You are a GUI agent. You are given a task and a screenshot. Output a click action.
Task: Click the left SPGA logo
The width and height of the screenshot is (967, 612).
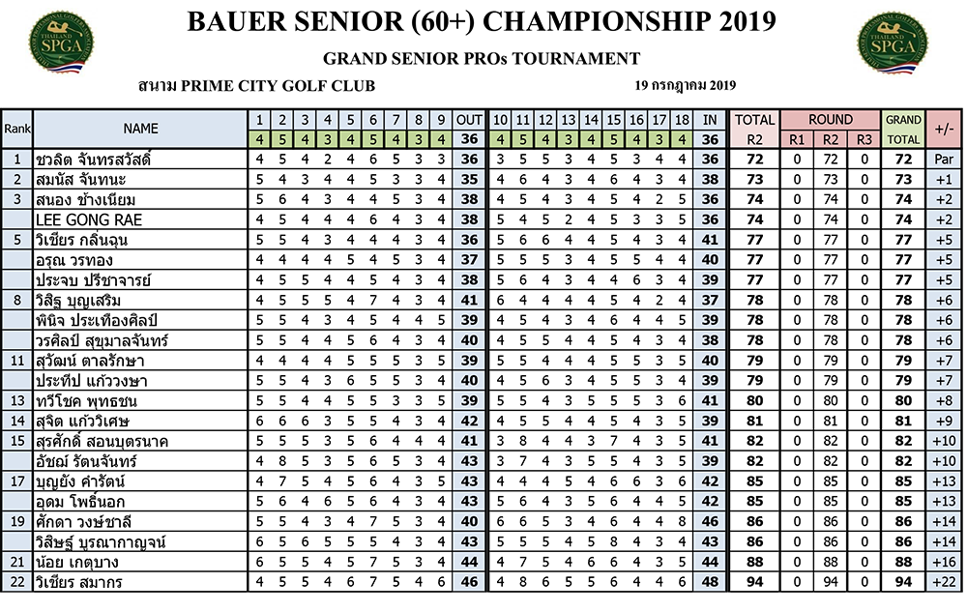pos(61,42)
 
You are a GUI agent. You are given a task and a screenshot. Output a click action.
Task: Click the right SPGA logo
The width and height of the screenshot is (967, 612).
pos(892,42)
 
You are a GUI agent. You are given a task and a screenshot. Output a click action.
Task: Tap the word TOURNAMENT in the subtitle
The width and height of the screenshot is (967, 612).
pos(576,59)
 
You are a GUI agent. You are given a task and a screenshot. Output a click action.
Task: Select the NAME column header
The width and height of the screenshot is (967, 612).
pos(140,129)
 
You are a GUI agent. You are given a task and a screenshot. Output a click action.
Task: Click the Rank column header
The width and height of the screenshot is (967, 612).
pos(16,129)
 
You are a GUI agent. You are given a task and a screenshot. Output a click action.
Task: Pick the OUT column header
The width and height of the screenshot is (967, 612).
pos(469,120)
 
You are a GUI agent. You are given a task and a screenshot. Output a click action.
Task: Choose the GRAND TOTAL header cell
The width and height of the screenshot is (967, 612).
pos(903,129)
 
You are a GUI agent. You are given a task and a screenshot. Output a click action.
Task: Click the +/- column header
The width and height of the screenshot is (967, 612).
pos(944,129)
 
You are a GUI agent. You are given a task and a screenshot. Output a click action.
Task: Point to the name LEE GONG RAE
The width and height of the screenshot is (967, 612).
pos(89,220)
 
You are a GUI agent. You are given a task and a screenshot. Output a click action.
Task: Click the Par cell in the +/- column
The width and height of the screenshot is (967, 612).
pos(944,159)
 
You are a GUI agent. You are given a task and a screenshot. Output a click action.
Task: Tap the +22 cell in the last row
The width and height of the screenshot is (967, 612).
pos(944,582)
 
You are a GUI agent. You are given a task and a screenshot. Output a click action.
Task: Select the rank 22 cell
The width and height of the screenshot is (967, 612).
pos(16,582)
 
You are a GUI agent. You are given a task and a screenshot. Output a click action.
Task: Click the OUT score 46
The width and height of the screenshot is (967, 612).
pos(469,582)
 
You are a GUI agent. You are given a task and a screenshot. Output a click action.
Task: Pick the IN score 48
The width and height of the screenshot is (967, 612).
pos(710,582)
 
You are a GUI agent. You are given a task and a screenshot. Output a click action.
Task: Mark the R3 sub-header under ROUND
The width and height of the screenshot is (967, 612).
pos(864,139)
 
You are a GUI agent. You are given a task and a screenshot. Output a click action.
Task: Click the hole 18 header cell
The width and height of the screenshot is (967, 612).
pos(682,120)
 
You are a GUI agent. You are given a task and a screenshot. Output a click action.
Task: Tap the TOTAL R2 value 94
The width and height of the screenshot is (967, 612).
pos(755,582)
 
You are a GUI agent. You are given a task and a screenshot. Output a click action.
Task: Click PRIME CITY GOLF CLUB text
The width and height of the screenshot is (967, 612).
pos(278,86)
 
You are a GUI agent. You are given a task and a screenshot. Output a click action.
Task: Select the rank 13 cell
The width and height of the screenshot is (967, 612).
pos(16,400)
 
